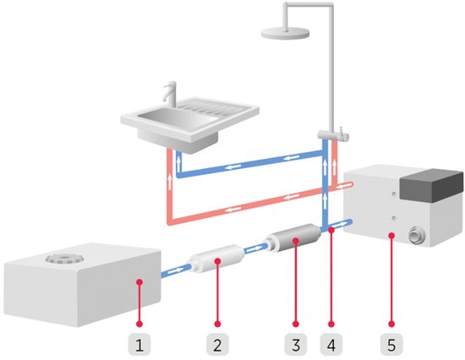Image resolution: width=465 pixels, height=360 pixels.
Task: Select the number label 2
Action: (x=217, y=343)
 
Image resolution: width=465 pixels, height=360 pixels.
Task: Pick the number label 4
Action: (x=332, y=343)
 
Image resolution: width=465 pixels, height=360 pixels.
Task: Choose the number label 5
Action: (x=392, y=343)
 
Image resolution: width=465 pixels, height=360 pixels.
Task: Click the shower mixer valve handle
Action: (x=342, y=134)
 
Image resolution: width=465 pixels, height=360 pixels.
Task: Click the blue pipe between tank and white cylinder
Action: (x=174, y=270)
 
